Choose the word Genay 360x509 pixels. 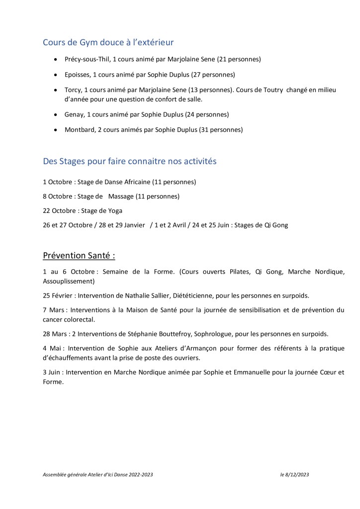coord(74,114)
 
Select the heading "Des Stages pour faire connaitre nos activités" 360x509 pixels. coord(129,162)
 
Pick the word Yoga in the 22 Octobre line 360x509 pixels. coord(115,210)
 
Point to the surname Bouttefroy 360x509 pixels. coord(176,333)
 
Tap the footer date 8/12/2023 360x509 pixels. coord(297,475)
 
